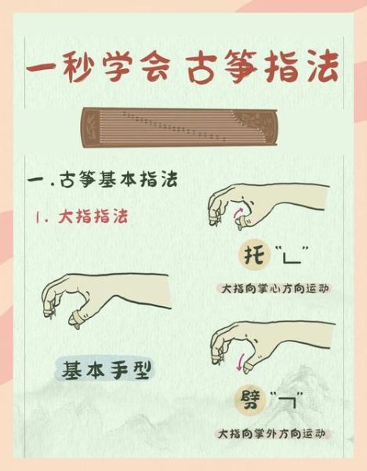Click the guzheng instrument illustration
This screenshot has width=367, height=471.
point(183,126)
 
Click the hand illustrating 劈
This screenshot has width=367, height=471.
point(251,345)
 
